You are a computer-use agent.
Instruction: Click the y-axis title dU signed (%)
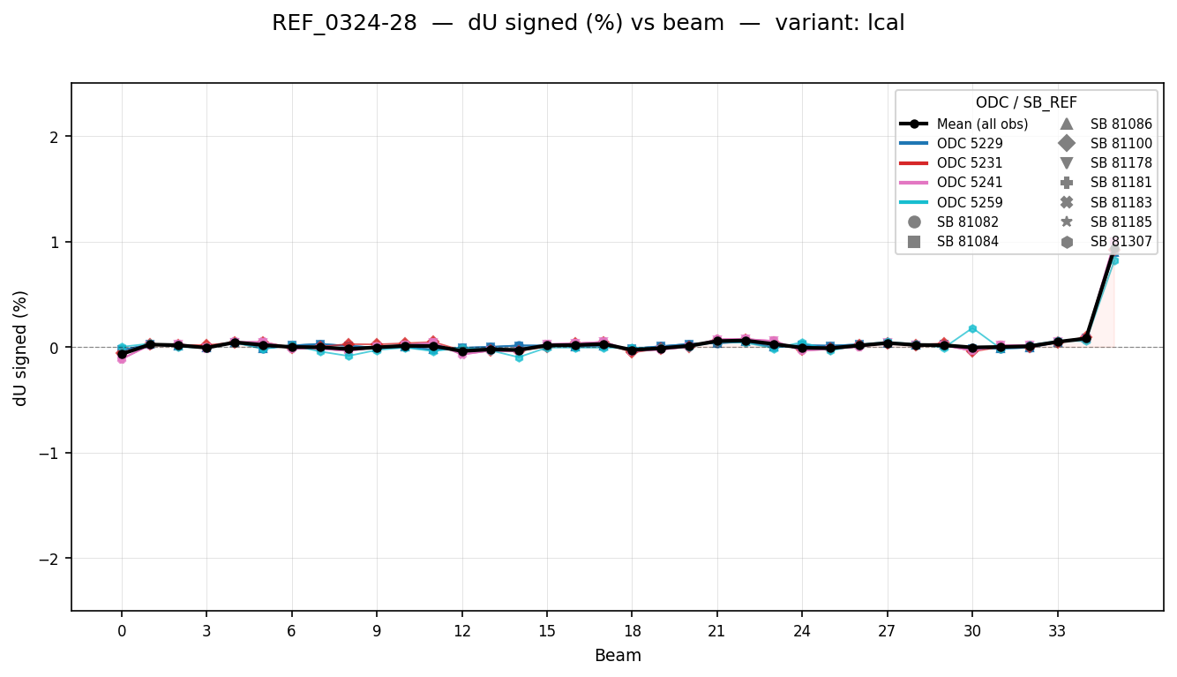(x=20, y=348)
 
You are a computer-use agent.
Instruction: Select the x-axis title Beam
(x=618, y=656)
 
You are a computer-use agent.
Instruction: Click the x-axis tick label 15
(x=547, y=632)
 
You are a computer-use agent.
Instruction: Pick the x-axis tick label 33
(x=1057, y=632)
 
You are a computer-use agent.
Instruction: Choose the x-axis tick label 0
(x=122, y=632)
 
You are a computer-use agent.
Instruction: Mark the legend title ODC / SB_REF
(x=1025, y=102)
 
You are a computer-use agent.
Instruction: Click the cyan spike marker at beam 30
(x=972, y=328)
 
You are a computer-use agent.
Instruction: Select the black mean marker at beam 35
(x=1113, y=251)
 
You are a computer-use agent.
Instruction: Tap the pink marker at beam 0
(x=122, y=359)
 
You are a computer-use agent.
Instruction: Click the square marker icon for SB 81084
(x=914, y=241)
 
